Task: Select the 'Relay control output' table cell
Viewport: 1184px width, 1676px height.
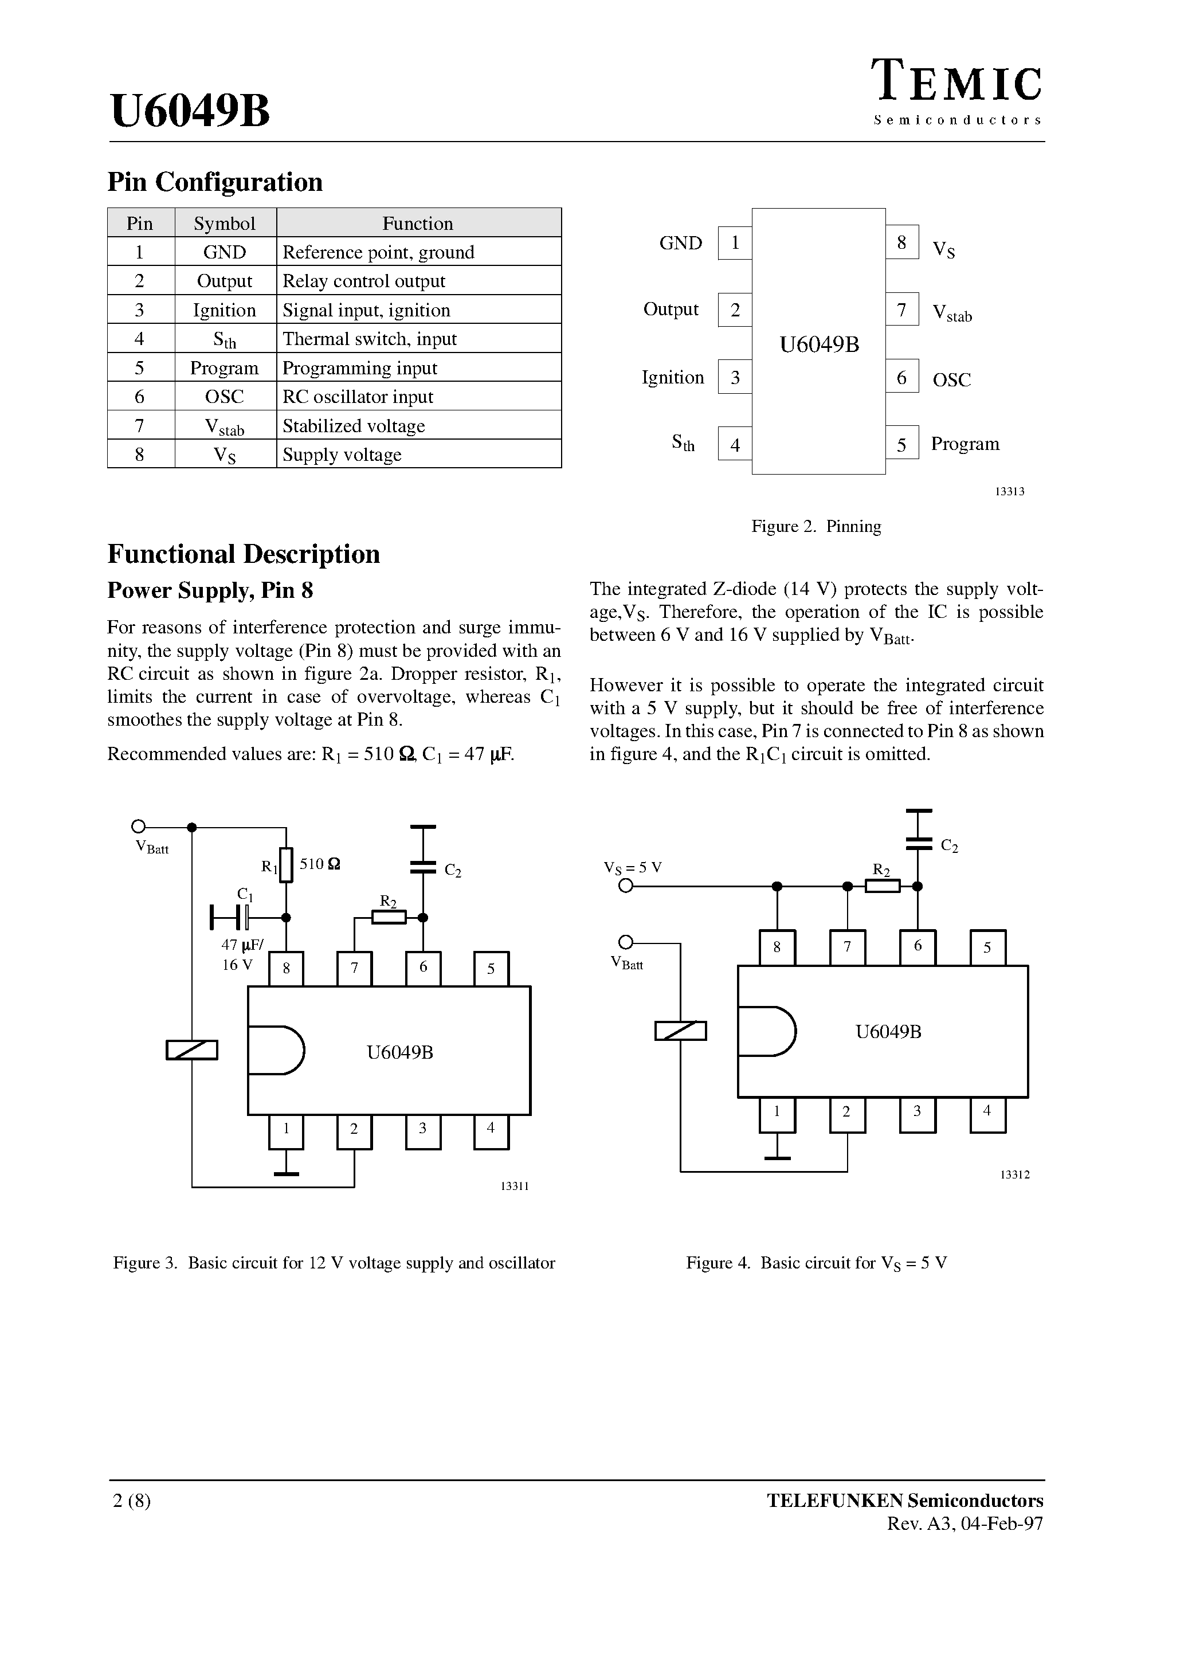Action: coord(418,281)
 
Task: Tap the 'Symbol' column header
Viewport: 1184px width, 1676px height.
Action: coord(225,224)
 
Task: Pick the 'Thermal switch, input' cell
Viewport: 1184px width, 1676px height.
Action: coord(418,339)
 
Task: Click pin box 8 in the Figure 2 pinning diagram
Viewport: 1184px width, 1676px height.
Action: coord(901,242)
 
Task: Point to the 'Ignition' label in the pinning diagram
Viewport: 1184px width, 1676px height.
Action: coord(672,377)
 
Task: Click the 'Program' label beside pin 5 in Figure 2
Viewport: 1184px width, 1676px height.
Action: coord(965,444)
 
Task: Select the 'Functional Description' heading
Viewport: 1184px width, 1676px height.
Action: coord(244,554)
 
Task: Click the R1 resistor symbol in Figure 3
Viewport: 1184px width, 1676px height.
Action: coord(286,865)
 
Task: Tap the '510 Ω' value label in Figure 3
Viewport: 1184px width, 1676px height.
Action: coord(320,864)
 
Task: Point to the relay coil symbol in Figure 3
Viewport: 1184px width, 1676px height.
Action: coord(192,1050)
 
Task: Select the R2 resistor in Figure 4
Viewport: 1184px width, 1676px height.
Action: coord(882,886)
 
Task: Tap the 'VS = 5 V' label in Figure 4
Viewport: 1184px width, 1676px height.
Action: coord(632,867)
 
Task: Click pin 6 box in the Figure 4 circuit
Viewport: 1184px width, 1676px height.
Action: coord(918,947)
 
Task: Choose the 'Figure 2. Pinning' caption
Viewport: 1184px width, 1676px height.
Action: coord(816,526)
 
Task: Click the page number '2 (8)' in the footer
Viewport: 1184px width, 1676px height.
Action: coord(132,1501)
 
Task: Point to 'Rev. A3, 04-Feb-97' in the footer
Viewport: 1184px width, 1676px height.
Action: coord(965,1524)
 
